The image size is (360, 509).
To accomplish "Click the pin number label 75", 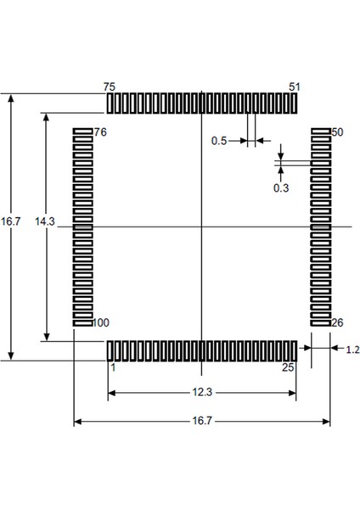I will click(109, 87).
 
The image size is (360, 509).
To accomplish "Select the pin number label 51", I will click(295, 87).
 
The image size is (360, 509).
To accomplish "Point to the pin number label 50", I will click(336, 132).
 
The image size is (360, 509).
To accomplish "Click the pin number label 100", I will click(101, 323).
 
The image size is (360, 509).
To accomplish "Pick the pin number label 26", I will click(336, 323).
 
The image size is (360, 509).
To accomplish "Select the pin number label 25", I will click(289, 367).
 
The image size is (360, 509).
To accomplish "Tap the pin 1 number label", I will click(111, 367).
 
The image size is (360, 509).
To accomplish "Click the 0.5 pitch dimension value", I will click(219, 141).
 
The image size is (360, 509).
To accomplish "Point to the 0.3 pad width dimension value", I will click(281, 188).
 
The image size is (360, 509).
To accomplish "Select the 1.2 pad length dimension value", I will click(352, 349).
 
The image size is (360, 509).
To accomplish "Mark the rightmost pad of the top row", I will click(294, 103).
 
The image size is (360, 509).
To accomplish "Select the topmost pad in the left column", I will click(82, 131).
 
